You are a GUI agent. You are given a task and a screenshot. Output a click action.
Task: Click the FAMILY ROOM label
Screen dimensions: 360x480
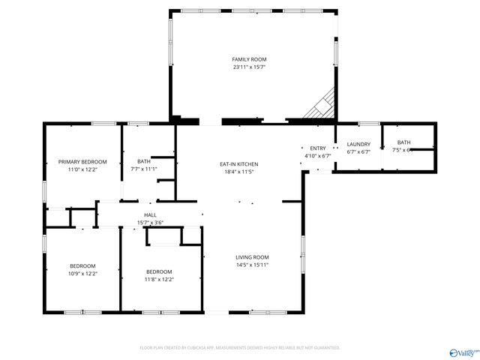pos(249,59)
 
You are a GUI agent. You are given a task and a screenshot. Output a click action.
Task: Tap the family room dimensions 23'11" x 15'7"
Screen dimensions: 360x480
pos(249,67)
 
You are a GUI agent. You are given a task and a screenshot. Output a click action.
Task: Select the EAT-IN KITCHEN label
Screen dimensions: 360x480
pos(238,164)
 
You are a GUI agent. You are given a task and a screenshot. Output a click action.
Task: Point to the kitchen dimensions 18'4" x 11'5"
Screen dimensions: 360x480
pos(238,172)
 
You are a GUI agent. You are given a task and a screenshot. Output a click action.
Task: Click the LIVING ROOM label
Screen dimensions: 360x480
pos(252,257)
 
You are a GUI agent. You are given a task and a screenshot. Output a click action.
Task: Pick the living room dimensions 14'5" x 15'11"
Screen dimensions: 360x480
pos(252,265)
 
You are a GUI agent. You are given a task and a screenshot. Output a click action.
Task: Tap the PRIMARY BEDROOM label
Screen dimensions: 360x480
pos(82,162)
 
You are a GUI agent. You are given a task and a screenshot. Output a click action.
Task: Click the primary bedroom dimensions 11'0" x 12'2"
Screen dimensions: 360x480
pos(82,169)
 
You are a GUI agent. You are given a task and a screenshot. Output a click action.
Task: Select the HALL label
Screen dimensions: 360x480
pos(150,215)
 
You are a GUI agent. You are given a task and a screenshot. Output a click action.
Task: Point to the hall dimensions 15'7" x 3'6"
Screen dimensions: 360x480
pos(150,223)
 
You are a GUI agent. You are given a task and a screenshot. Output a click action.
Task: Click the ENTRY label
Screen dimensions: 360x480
pos(318,148)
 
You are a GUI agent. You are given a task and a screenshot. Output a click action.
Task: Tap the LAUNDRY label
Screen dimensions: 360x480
pos(358,144)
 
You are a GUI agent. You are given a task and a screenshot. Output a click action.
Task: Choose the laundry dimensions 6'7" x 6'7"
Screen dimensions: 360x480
pos(358,151)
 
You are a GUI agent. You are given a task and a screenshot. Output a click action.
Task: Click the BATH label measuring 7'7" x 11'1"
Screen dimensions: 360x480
pos(143,161)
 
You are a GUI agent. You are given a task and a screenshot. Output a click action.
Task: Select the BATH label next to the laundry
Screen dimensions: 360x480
pos(403,142)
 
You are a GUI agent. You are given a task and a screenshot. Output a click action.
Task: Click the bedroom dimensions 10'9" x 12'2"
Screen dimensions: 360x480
pos(82,274)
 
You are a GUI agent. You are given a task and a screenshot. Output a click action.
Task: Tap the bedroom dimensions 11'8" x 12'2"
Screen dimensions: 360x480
pos(159,279)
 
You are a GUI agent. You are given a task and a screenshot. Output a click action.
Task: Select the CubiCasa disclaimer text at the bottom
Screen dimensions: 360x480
pos(240,348)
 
